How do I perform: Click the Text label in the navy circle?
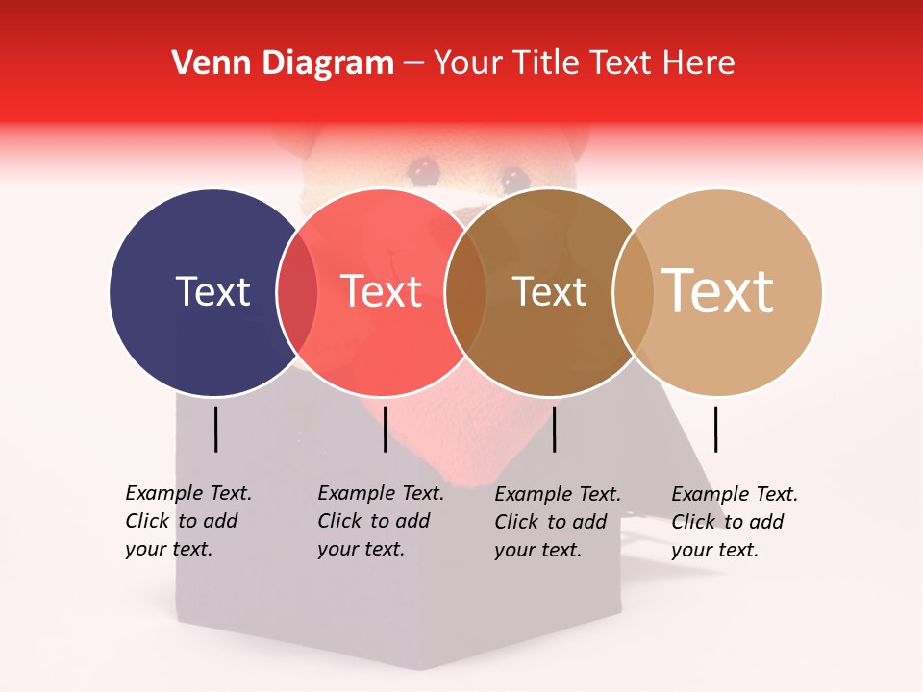[x=212, y=291]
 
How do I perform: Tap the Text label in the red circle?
[x=382, y=291]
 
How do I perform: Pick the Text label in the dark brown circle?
[x=549, y=292]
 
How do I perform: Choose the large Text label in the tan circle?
[x=718, y=290]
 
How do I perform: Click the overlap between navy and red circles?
[x=297, y=291]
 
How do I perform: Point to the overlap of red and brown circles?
[x=465, y=291]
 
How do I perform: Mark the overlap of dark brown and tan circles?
[x=633, y=291]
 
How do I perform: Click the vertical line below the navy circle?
[x=216, y=429]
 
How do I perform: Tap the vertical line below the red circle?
[x=385, y=429]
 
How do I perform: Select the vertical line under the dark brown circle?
[x=554, y=429]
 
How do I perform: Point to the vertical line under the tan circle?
[x=716, y=429]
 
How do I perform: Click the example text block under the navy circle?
[x=187, y=521]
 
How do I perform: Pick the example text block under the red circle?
[x=380, y=521]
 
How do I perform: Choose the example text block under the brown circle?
[x=557, y=522]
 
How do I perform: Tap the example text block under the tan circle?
[x=734, y=522]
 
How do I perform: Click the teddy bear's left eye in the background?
[x=420, y=170]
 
